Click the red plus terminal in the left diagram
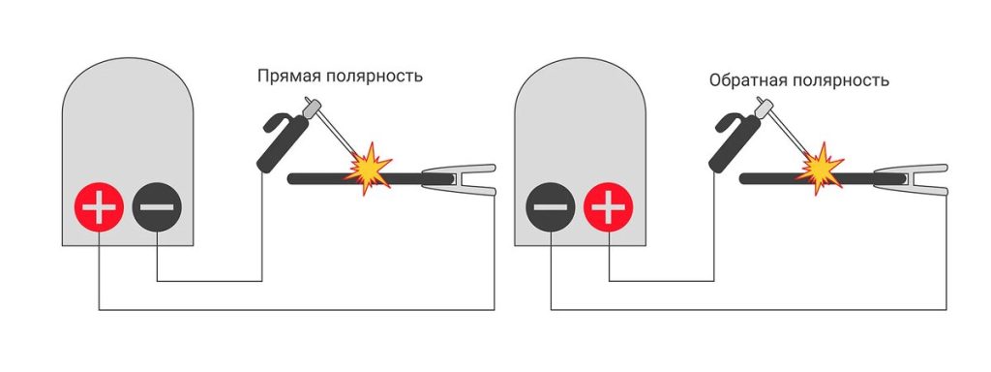coord(100,206)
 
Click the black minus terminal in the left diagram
coord(157,206)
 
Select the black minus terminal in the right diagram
coord(551,206)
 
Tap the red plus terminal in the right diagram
coord(608,206)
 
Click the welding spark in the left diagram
coord(369,169)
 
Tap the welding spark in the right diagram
coord(821,169)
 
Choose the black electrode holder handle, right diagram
coord(733,143)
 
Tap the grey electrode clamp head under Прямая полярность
coord(311,108)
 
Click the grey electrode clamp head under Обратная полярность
coord(764,108)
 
